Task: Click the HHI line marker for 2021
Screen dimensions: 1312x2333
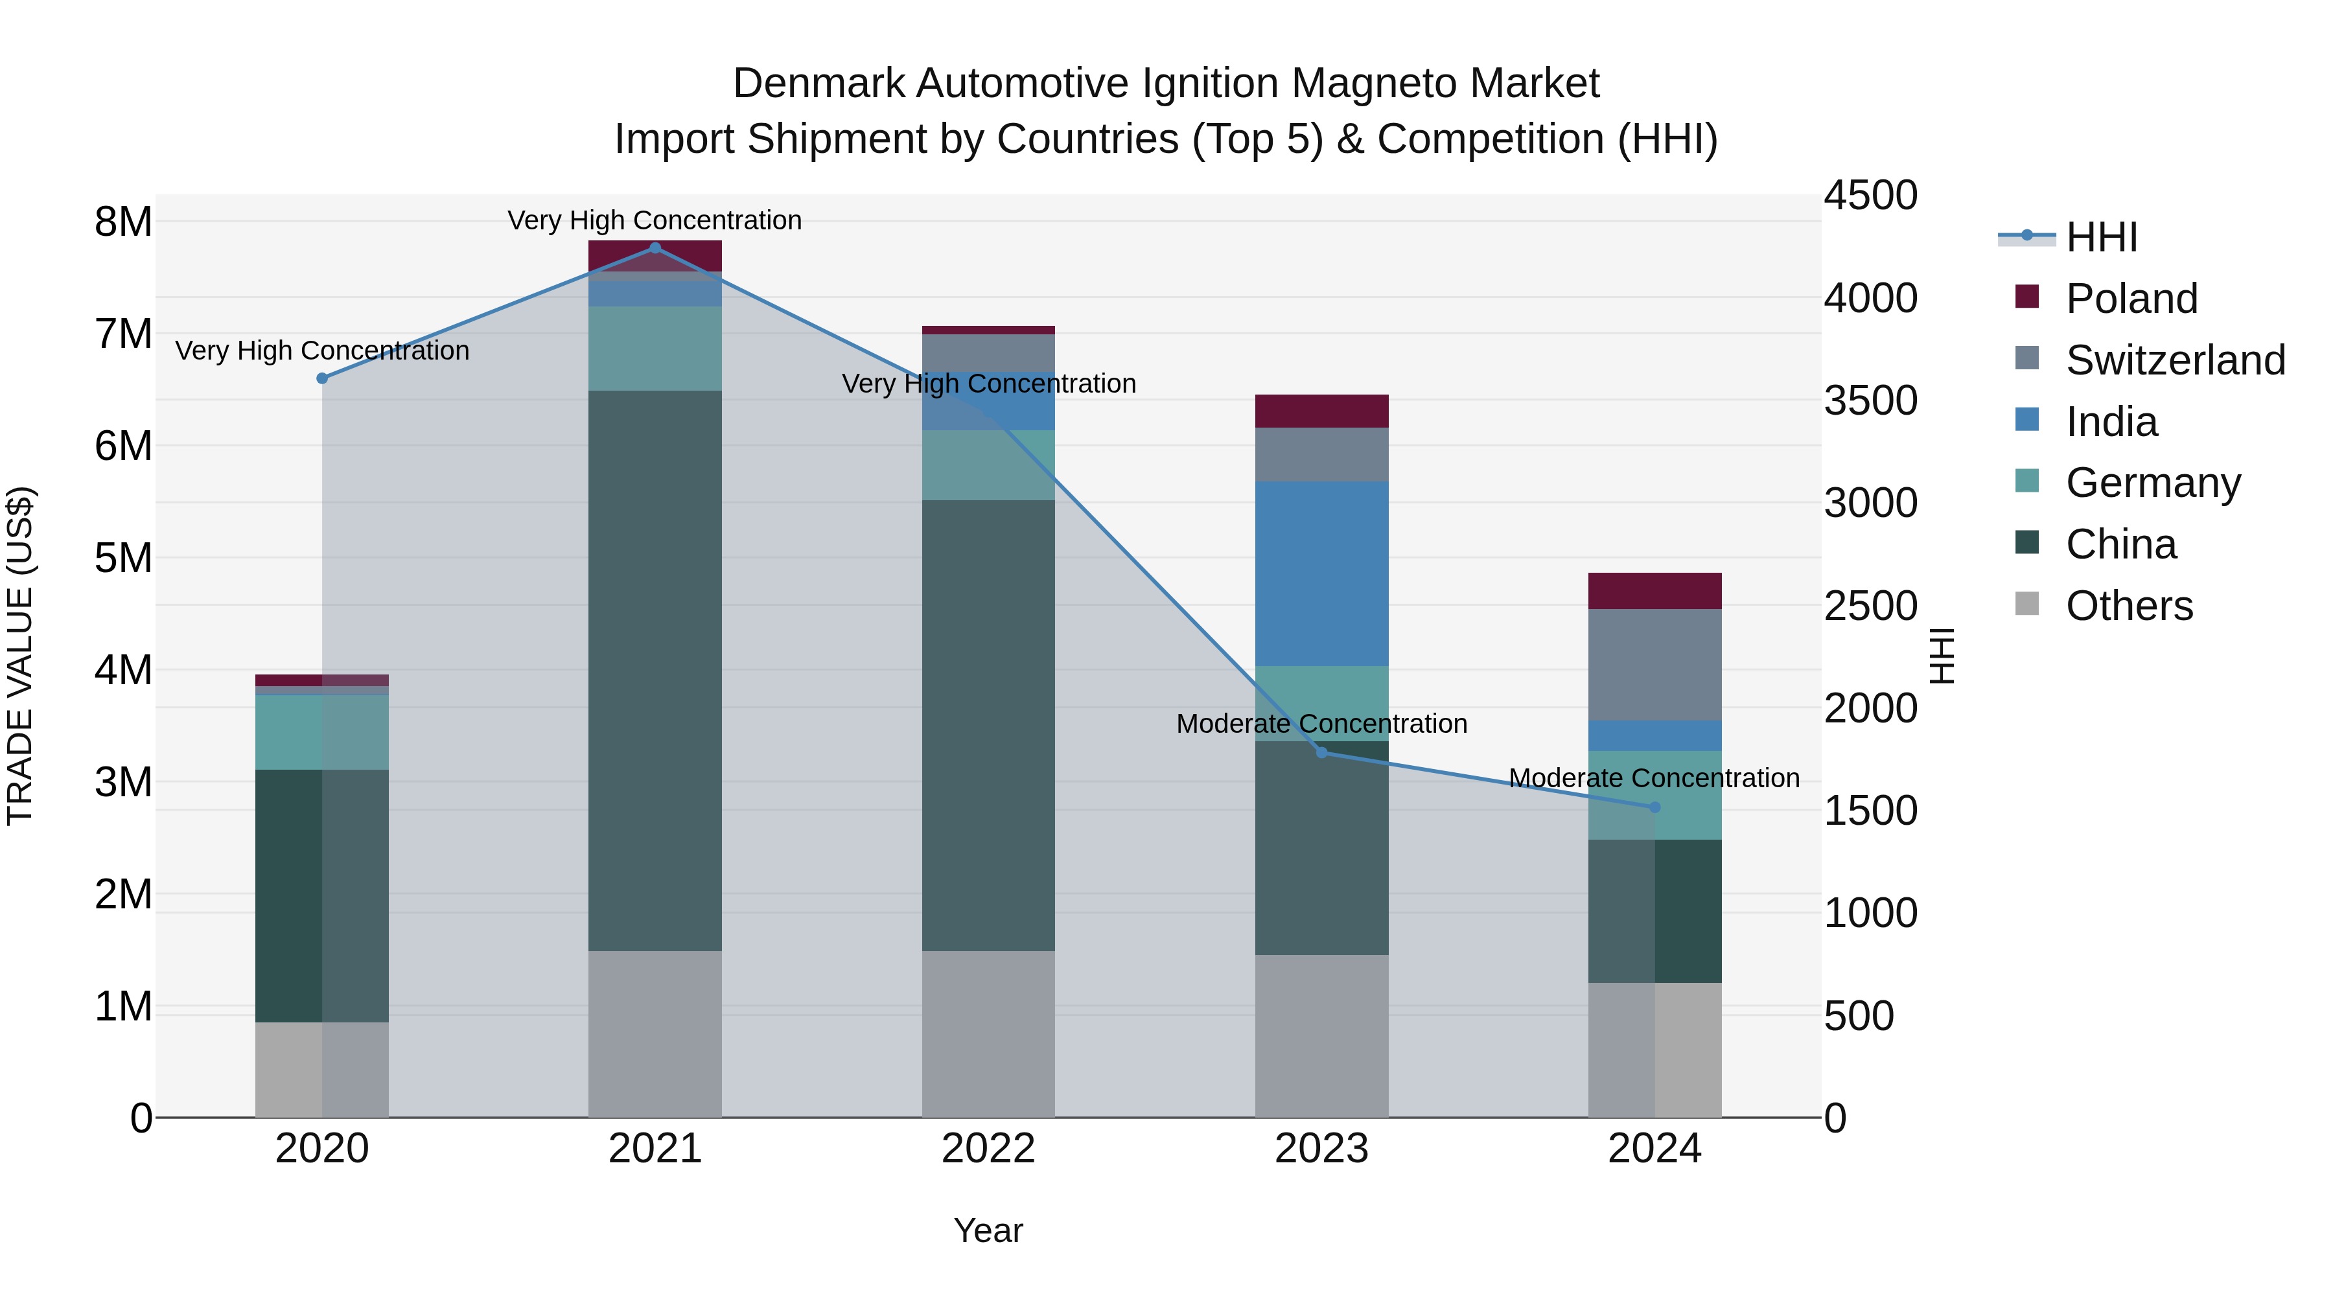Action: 655,247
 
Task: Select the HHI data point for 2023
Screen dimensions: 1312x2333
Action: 1321,752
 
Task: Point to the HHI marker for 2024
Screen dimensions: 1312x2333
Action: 1654,807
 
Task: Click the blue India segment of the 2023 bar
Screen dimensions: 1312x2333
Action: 1321,573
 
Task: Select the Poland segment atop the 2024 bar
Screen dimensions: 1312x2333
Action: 1654,590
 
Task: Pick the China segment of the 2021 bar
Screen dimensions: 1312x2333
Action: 655,670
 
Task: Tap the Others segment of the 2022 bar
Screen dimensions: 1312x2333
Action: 988,1033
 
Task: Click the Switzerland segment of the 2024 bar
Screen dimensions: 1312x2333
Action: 1654,665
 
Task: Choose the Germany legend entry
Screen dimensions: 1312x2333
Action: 2153,483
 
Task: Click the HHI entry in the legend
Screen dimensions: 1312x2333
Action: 2101,237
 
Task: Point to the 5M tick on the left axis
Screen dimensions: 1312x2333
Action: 123,558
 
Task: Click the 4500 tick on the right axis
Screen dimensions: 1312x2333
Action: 1870,196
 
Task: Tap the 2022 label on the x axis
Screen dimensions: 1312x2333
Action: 988,1149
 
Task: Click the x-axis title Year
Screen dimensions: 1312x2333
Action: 988,1230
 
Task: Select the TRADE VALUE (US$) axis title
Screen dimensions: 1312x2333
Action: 20,656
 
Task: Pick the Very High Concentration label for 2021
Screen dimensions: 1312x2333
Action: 654,220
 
